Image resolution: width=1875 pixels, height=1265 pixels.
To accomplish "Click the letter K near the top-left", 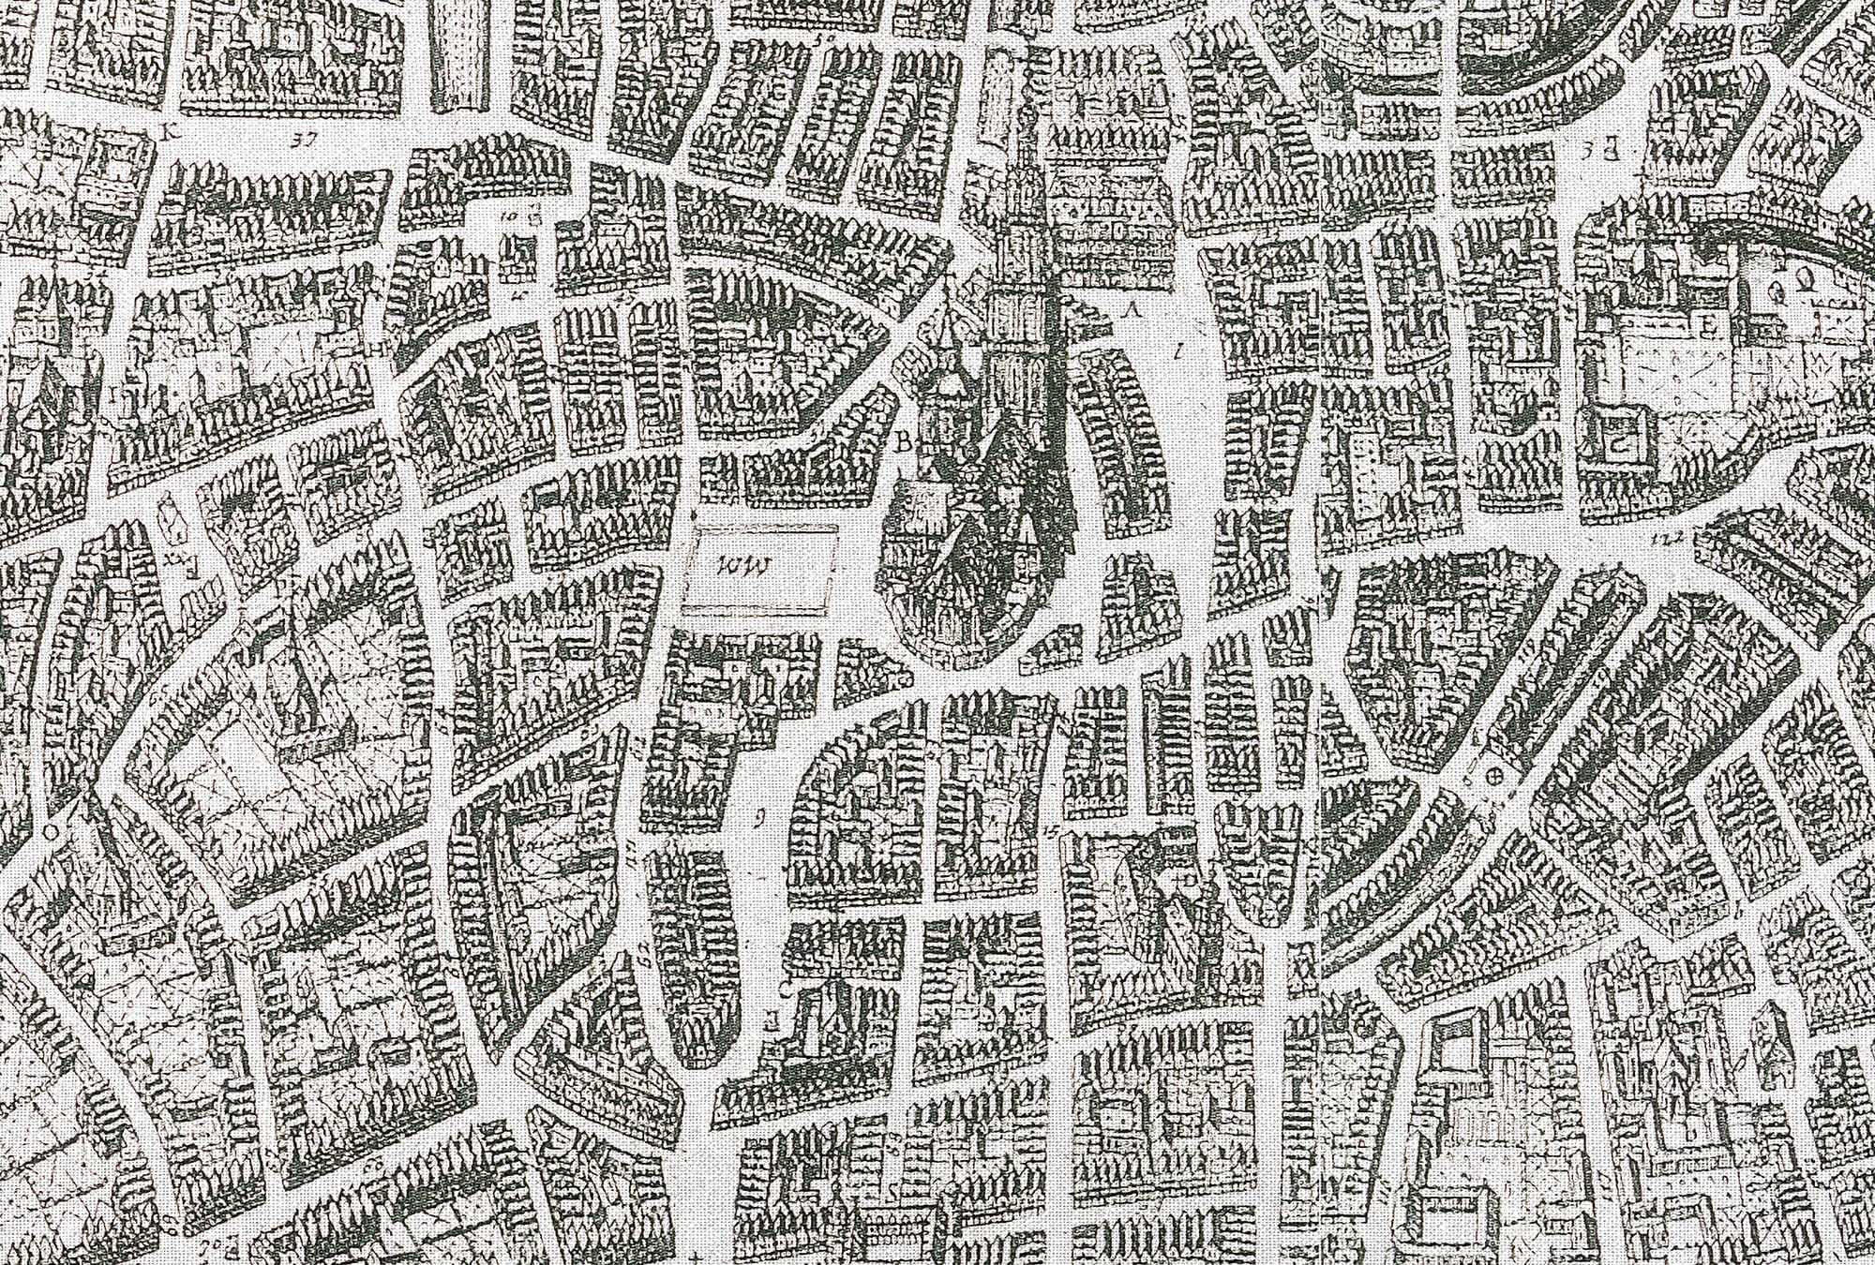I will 171,131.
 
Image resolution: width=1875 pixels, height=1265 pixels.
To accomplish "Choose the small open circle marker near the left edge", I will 51,830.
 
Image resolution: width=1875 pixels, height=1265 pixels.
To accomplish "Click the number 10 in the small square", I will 511,215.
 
